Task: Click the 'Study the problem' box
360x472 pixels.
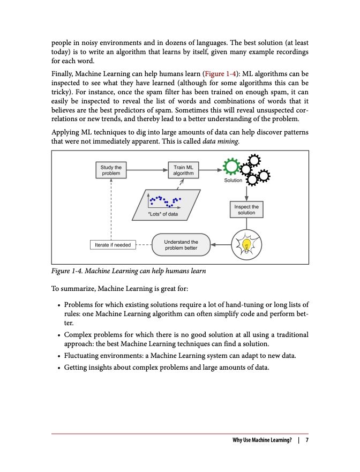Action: click(111, 170)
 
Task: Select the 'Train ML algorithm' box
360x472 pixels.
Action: click(183, 170)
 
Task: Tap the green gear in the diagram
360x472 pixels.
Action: click(231, 167)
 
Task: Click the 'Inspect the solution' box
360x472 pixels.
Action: click(246, 209)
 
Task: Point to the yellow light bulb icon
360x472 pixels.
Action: click(246, 245)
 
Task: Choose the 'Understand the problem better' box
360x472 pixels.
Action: click(182, 245)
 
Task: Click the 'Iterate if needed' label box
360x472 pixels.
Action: click(112, 245)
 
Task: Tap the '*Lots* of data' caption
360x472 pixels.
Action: click(162, 214)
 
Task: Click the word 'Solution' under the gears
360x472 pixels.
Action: click(234, 181)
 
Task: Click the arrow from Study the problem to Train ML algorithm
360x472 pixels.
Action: click(145, 170)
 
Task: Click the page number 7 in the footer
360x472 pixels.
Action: click(307, 440)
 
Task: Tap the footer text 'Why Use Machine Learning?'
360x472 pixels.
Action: click(262, 440)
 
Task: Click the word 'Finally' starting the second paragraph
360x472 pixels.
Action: click(63, 73)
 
